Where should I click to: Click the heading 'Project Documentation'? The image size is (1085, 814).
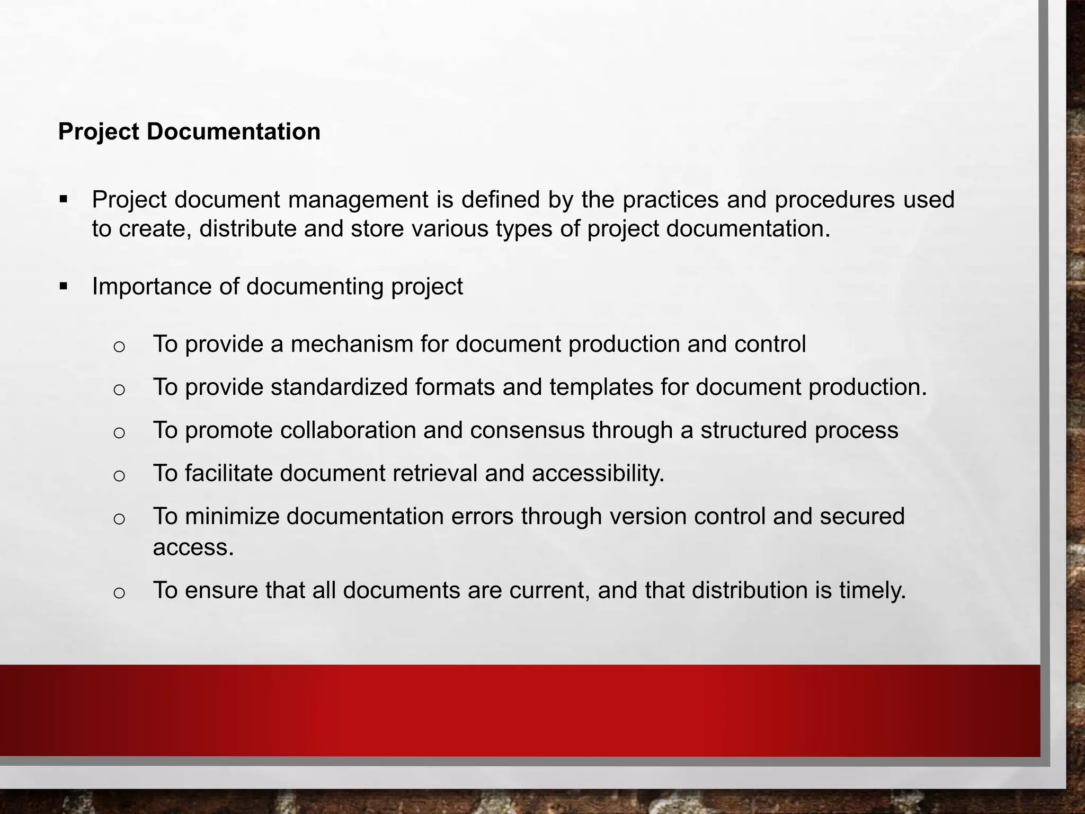point(189,131)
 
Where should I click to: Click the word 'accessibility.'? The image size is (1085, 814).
point(598,473)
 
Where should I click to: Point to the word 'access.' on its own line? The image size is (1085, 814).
point(193,547)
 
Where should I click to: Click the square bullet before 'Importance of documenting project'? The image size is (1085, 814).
point(64,287)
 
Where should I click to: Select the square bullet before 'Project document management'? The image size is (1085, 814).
point(64,200)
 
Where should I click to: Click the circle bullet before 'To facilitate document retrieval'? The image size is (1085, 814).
point(119,475)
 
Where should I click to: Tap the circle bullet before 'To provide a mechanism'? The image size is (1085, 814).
point(119,347)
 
